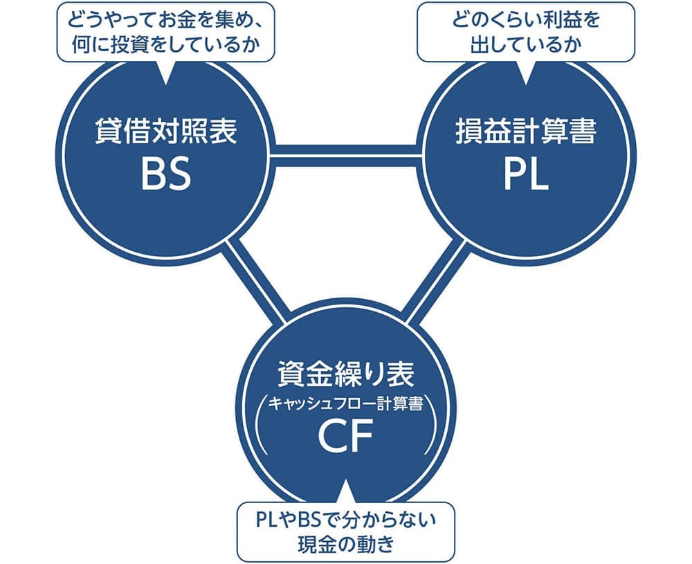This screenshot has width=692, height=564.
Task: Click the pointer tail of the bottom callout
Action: [346, 493]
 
